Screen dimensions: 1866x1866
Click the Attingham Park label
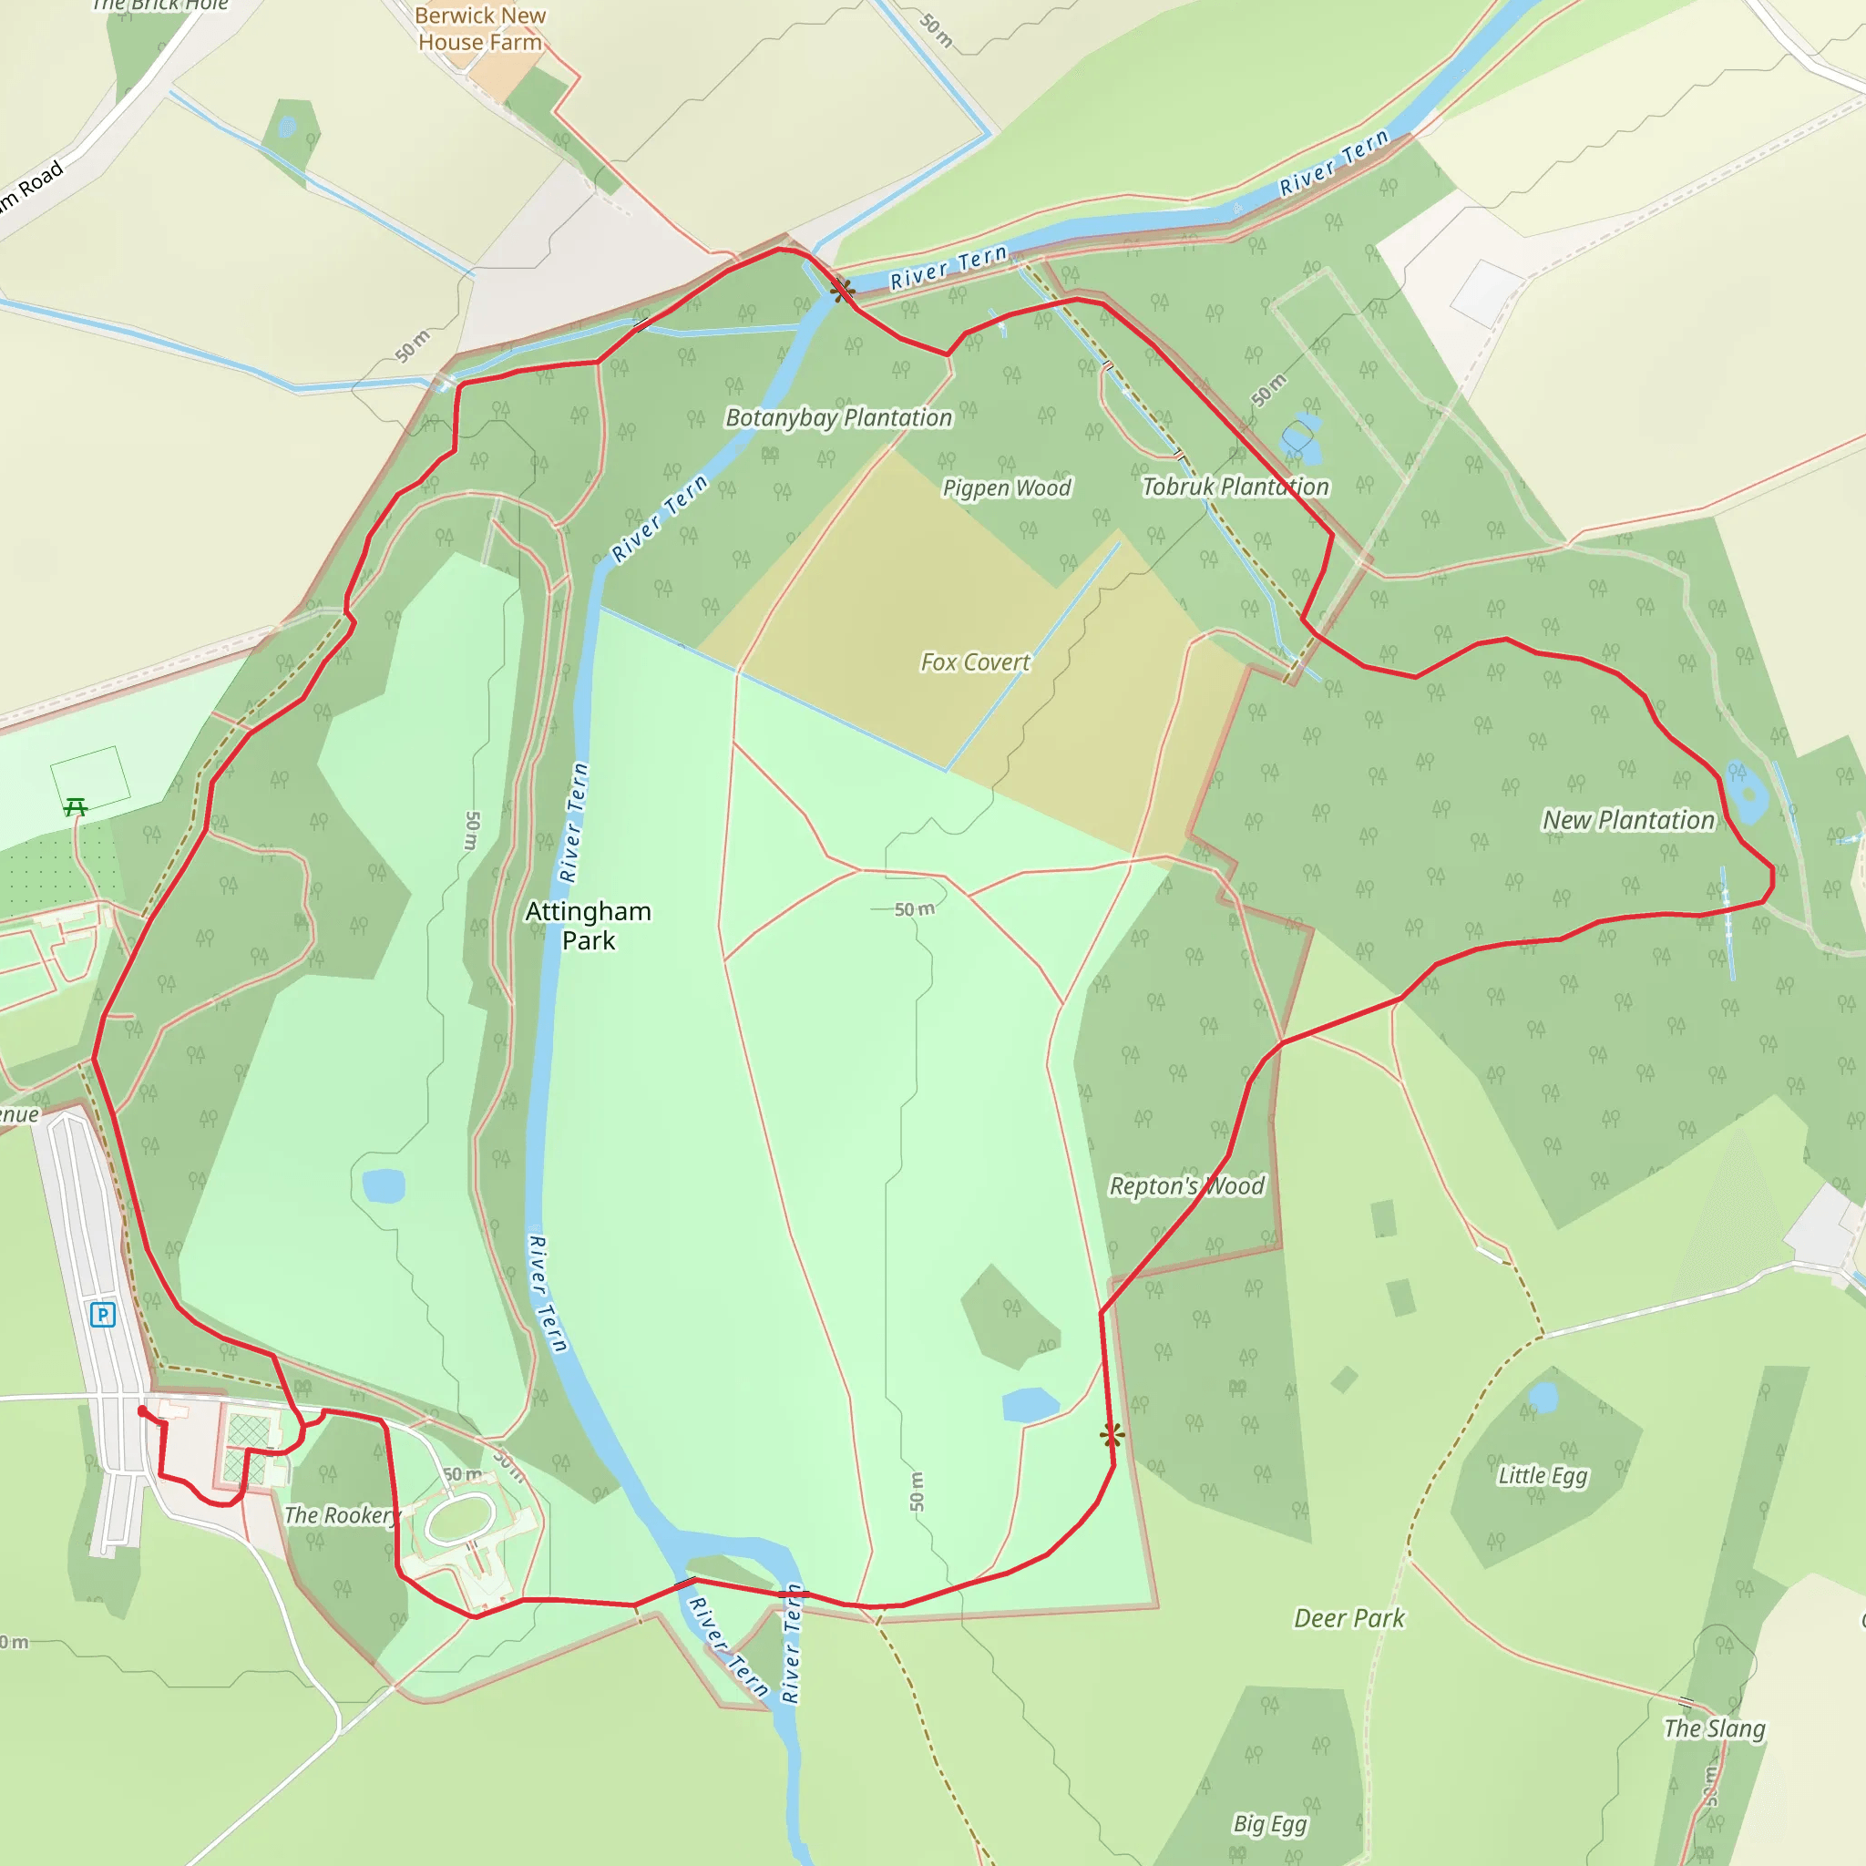[589, 926]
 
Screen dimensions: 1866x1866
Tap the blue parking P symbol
[102, 1315]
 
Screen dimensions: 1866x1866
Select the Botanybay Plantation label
[838, 418]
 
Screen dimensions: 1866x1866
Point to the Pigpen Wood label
[1007, 487]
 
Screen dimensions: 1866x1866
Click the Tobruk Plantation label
[1235, 487]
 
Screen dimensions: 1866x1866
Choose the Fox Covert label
[975, 662]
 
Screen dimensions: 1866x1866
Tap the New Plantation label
[1627, 820]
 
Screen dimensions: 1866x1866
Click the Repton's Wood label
[1186, 1186]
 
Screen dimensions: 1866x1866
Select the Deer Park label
[1348, 1619]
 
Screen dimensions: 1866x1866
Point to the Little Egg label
[1543, 1475]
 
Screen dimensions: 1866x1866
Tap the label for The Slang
[1714, 1728]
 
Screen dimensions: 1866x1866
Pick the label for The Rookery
[341, 1515]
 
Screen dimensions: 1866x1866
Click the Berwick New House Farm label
[480, 29]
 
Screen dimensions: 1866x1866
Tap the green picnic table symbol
[76, 806]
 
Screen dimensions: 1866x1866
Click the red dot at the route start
[143, 1411]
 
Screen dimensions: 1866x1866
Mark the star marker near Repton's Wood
[1112, 1435]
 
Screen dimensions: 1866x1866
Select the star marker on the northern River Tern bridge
[842, 289]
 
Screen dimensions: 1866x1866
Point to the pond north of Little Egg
[1543, 1397]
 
